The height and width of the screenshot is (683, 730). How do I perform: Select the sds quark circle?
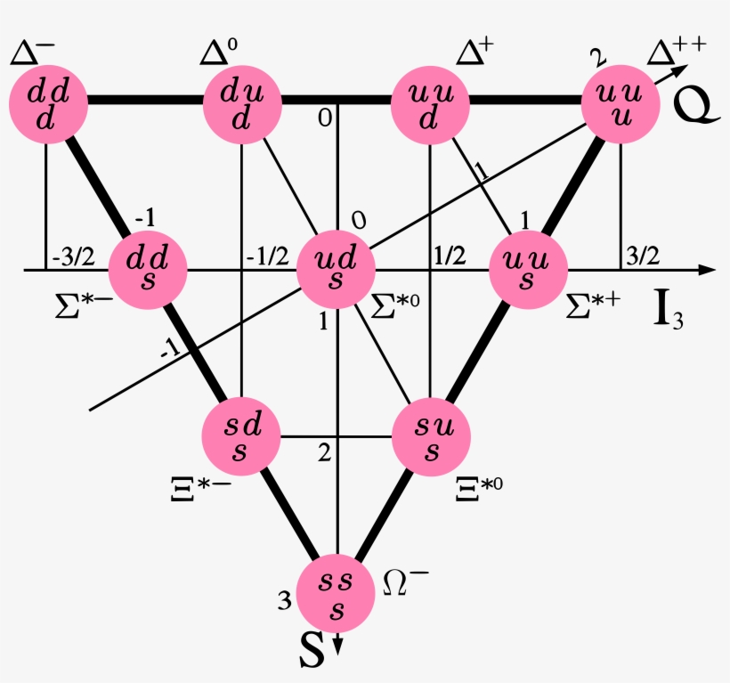click(x=241, y=436)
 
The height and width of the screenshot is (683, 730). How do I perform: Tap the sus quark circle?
click(x=431, y=436)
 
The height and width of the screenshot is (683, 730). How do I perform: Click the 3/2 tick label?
click(x=644, y=256)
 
